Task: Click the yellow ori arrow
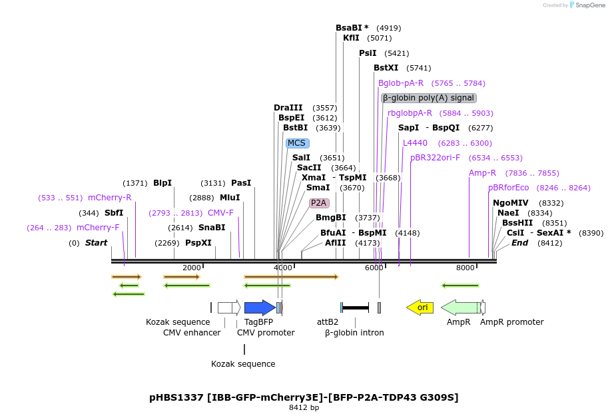(420, 307)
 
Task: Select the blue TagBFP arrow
(259, 308)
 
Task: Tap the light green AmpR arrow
(459, 307)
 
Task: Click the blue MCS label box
(296, 143)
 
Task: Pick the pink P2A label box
(319, 203)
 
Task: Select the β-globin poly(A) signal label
(428, 98)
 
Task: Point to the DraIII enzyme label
(288, 108)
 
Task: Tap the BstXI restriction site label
(386, 68)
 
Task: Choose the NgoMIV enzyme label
(510, 203)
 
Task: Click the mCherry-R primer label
(109, 198)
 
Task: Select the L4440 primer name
(415, 143)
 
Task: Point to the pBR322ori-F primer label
(435, 158)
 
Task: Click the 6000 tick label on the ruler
(374, 268)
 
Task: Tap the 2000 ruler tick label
(191, 268)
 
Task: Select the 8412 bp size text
(304, 407)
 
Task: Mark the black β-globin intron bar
(355, 308)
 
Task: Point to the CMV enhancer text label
(192, 332)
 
